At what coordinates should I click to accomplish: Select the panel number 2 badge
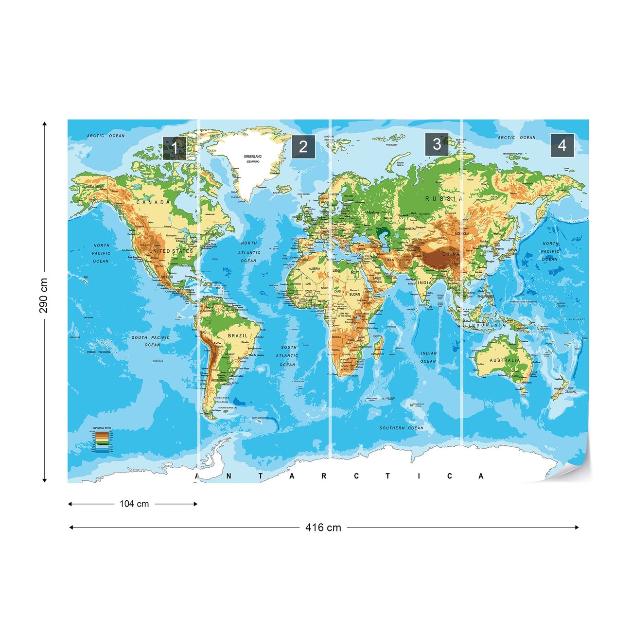click(x=303, y=147)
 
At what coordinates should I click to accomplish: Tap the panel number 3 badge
click(x=437, y=144)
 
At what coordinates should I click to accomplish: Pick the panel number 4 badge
click(x=562, y=145)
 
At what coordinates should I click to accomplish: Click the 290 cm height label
click(x=44, y=296)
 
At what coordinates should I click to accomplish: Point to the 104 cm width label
click(x=134, y=504)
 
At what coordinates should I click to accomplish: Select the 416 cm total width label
click(x=323, y=527)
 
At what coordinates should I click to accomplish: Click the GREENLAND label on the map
click(x=252, y=157)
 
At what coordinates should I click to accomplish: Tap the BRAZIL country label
click(x=238, y=336)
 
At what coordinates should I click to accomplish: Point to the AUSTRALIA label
click(x=504, y=361)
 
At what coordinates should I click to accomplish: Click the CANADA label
click(x=153, y=202)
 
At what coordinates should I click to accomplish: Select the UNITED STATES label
click(x=171, y=251)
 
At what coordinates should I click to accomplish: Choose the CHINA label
click(x=451, y=254)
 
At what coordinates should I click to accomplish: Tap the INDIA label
click(x=424, y=282)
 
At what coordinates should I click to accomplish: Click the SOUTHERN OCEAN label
click(x=402, y=428)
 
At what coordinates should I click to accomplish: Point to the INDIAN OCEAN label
click(x=428, y=357)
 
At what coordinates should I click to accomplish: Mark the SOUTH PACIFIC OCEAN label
click(x=151, y=341)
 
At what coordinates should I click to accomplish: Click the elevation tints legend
click(x=102, y=440)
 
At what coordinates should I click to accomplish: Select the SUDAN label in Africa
click(x=355, y=294)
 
